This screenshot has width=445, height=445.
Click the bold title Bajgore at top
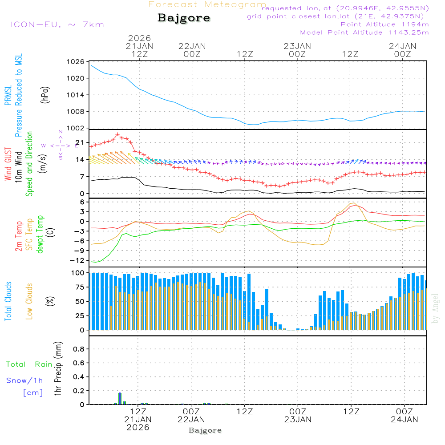(184, 18)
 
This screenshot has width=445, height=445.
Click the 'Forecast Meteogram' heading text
(207, 4)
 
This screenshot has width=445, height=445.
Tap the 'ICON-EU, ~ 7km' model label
(57, 24)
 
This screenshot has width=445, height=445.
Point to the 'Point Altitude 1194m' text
(384, 24)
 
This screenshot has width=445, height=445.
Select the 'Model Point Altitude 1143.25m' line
(364, 32)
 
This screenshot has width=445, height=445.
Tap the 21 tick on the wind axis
(81, 142)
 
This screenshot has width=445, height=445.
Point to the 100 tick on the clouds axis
(78, 272)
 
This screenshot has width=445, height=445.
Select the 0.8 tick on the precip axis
(79, 349)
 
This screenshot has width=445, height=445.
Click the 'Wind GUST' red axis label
(8, 164)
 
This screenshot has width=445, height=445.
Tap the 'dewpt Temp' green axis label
(40, 235)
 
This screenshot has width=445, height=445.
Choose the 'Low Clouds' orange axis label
(29, 301)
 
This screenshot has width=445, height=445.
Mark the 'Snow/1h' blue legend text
(24, 380)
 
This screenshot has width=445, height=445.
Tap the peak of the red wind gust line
(117, 134)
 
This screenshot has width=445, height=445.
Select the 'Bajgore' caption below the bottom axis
(205, 430)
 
